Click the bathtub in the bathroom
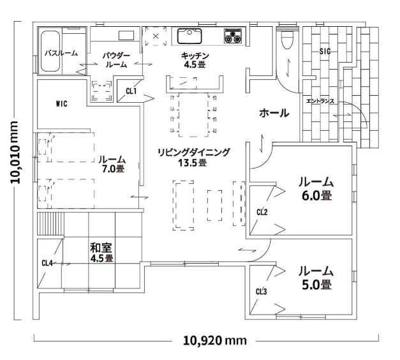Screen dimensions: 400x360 pos(50,51)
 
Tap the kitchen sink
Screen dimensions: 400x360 pos(189,36)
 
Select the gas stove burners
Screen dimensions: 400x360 pos(233,36)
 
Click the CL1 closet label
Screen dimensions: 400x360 pos(131,91)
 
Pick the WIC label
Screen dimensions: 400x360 pos(61,104)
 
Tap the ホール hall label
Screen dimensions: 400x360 pos(274,113)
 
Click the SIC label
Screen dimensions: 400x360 pos(325,52)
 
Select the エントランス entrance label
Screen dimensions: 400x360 pos(320,101)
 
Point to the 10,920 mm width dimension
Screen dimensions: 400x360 pos(215,340)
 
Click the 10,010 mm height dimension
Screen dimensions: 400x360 pos(15,152)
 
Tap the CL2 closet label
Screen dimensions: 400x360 pos(262,212)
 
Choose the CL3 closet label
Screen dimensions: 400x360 pos(262,291)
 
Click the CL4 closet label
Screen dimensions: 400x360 pos(47,263)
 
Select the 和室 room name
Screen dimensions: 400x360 pos(101,247)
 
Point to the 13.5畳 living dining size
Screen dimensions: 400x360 pos(192,163)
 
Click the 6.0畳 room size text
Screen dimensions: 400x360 pos(316,195)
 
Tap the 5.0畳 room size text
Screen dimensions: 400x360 pos(316,284)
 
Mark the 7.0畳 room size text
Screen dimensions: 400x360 pos(113,169)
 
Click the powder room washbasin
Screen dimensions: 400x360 pos(126,35)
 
